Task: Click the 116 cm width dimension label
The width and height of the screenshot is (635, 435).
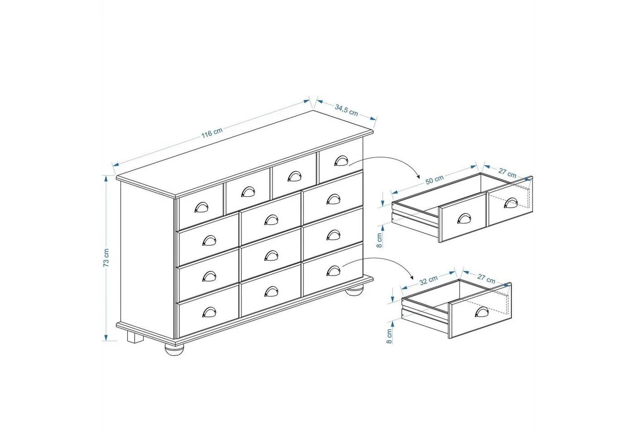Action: pos(212,132)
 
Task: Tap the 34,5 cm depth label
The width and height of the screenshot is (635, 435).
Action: pos(347,110)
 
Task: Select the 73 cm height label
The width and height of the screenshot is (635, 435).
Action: pos(106,258)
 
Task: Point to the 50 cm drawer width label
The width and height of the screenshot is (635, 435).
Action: pos(435,179)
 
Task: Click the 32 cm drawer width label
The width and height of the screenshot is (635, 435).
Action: pos(429,280)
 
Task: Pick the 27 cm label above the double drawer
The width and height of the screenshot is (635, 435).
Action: pos(508,173)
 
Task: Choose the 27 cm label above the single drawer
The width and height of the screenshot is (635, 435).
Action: pos(486,278)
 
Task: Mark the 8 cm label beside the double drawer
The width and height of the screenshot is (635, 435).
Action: pos(380,240)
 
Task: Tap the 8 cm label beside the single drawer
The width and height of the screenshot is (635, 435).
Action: pos(389,336)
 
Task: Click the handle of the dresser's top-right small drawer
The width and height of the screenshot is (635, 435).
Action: pos(341,161)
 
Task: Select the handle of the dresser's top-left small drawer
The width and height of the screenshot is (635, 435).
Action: pos(201,207)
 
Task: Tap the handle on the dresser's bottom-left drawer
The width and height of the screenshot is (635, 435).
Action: pos(209,312)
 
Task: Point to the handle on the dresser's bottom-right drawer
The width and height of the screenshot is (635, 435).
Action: pos(334,271)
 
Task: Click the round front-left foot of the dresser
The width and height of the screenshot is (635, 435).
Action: pos(174,349)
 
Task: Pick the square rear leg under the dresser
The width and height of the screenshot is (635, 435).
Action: pos(135,337)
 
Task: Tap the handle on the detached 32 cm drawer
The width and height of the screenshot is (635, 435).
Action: pos(482,312)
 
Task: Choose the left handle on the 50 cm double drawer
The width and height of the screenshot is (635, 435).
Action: pos(464,218)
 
